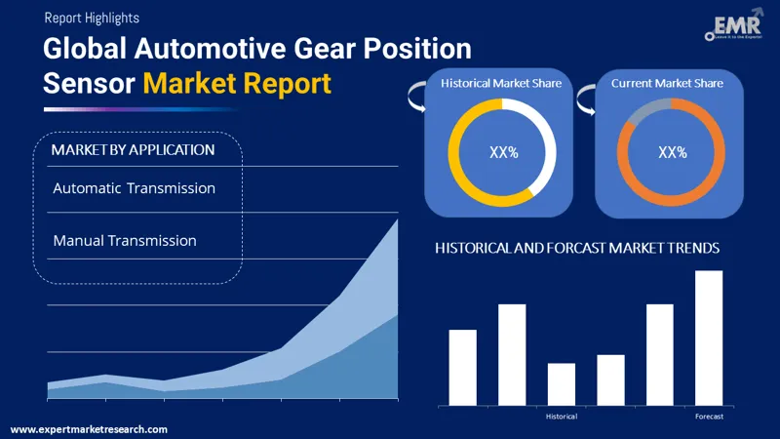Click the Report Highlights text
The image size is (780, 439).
click(x=92, y=18)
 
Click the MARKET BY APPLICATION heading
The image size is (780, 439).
click(x=133, y=150)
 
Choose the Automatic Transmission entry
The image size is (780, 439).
click(x=135, y=187)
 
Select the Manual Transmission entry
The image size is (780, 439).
click(x=125, y=240)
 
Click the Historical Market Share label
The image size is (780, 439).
click(x=501, y=84)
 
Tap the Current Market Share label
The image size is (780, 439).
click(x=668, y=84)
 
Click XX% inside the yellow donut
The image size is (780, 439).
click(x=502, y=152)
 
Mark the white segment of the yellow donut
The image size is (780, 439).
click(x=547, y=146)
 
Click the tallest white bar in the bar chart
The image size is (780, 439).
click(x=709, y=338)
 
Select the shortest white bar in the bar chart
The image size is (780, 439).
click(x=562, y=384)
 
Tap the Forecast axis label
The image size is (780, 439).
click(x=709, y=417)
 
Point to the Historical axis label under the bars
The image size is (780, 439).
click(x=562, y=417)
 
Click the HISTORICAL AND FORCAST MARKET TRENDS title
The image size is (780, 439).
click(x=577, y=249)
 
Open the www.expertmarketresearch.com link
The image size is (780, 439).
click(x=89, y=429)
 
